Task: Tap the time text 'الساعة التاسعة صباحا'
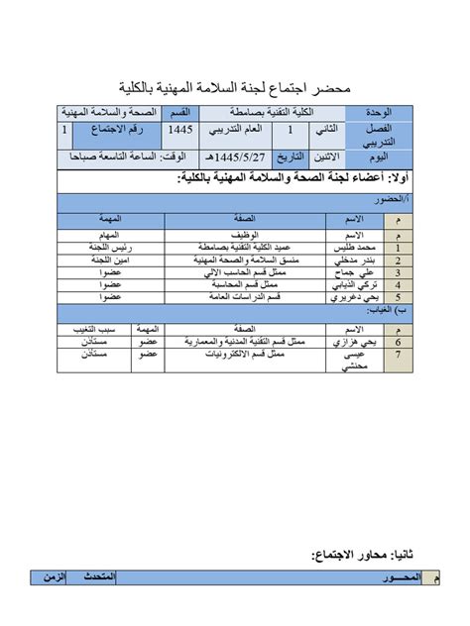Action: click(x=90, y=156)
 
